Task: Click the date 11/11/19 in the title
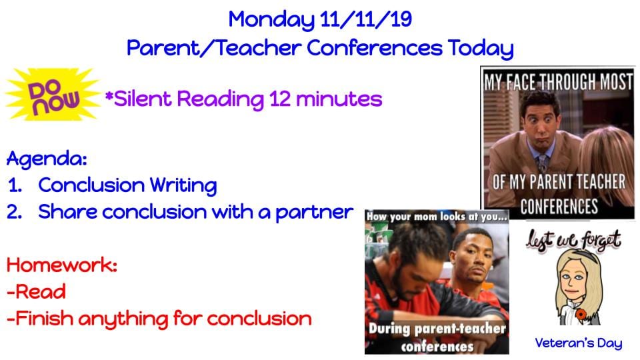pos(366,19)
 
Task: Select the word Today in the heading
pos(481,49)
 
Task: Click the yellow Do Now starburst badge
pos(53,95)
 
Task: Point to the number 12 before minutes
pos(279,99)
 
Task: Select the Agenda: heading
pos(47,159)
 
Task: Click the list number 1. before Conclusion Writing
pos(15,186)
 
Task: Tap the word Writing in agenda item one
pos(183,186)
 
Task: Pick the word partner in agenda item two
pos(314,213)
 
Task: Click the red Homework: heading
pos(62,265)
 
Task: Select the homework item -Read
pos(36,292)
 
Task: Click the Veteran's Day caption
pos(579,343)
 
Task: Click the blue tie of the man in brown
pos(542,163)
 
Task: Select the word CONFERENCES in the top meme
pos(559,207)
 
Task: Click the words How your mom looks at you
pos(437,216)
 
